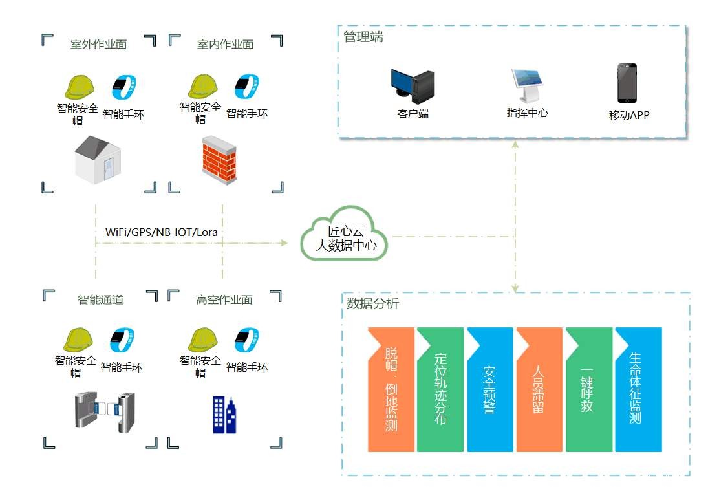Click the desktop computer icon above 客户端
pyautogui.click(x=413, y=87)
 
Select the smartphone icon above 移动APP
pyautogui.click(x=627, y=83)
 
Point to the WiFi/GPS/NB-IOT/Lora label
pyautogui.click(x=165, y=232)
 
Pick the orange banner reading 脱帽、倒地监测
pyautogui.click(x=391, y=389)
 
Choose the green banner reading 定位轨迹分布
pyautogui.click(x=440, y=389)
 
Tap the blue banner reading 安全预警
pyautogui.click(x=489, y=389)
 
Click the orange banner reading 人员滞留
pyautogui.click(x=539, y=389)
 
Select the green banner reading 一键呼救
pyautogui.click(x=588, y=389)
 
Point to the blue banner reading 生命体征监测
pyautogui.click(x=638, y=389)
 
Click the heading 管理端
pyautogui.click(x=363, y=38)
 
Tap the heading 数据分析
pyautogui.click(x=373, y=303)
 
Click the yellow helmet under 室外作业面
pyautogui.click(x=80, y=87)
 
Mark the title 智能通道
pyautogui.click(x=100, y=299)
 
